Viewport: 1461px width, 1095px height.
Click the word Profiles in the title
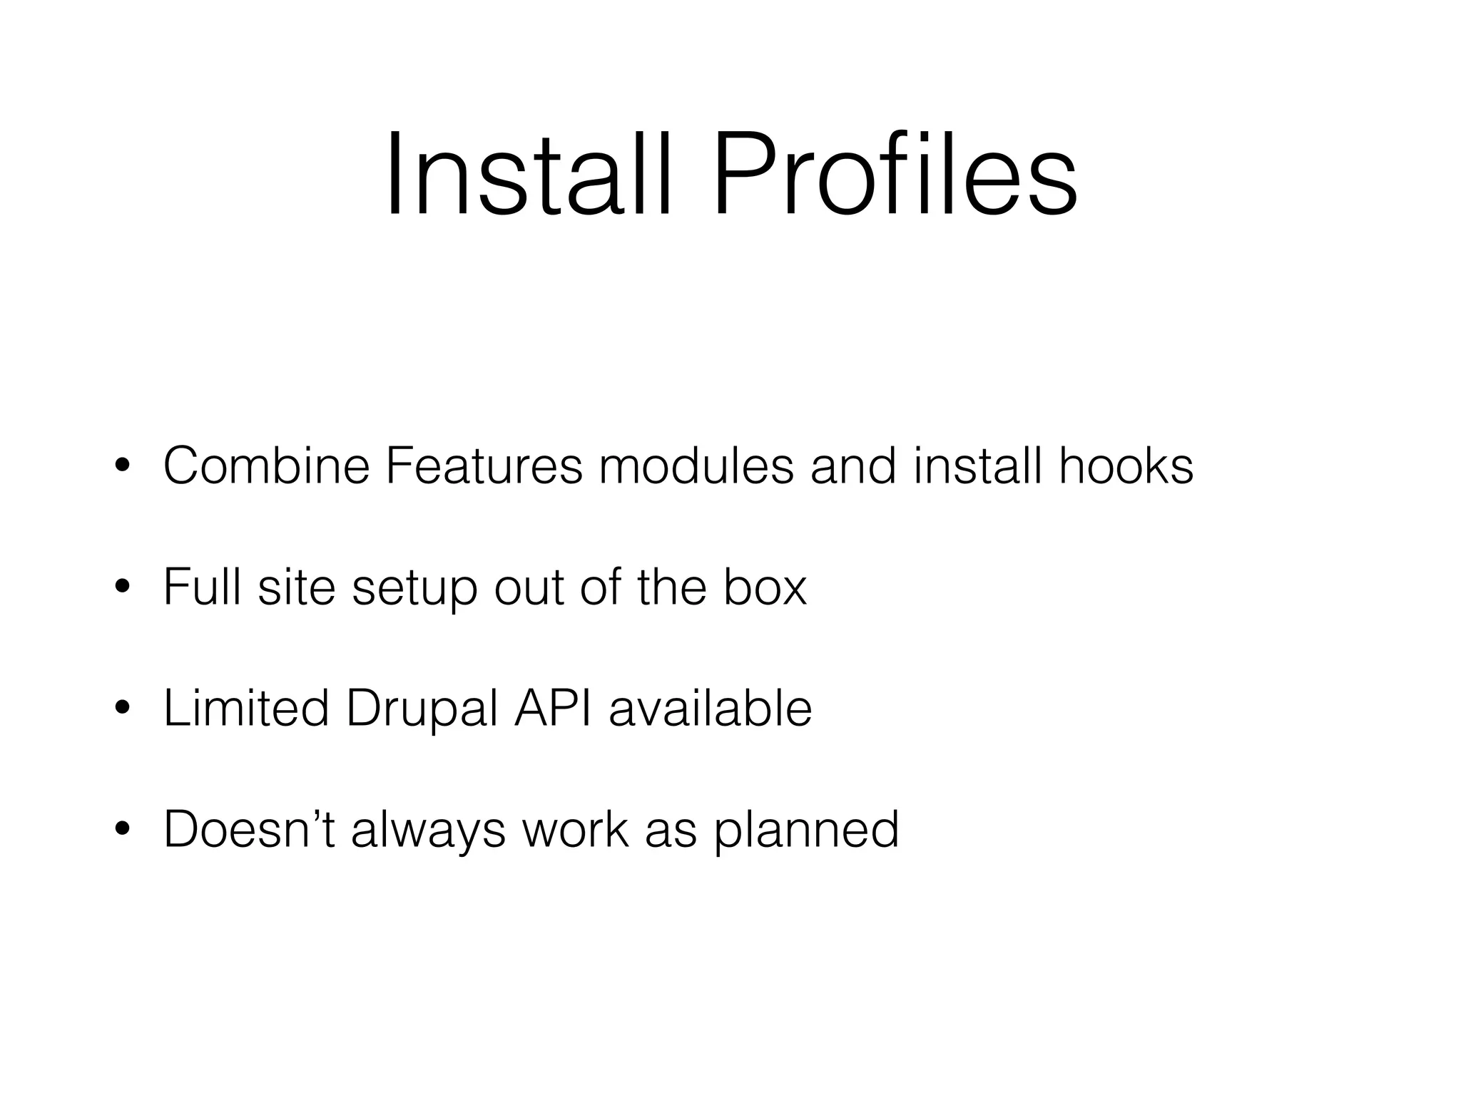(x=895, y=174)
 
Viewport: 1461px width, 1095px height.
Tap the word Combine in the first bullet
(x=266, y=466)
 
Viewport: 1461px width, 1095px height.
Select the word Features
(x=484, y=466)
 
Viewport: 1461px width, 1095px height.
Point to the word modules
(x=696, y=466)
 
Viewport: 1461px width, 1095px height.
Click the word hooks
(x=1126, y=466)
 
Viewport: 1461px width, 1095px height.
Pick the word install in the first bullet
(x=977, y=466)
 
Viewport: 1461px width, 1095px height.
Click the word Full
(x=202, y=587)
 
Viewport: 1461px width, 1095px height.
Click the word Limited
(x=246, y=709)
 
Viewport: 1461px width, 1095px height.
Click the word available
(x=711, y=709)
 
